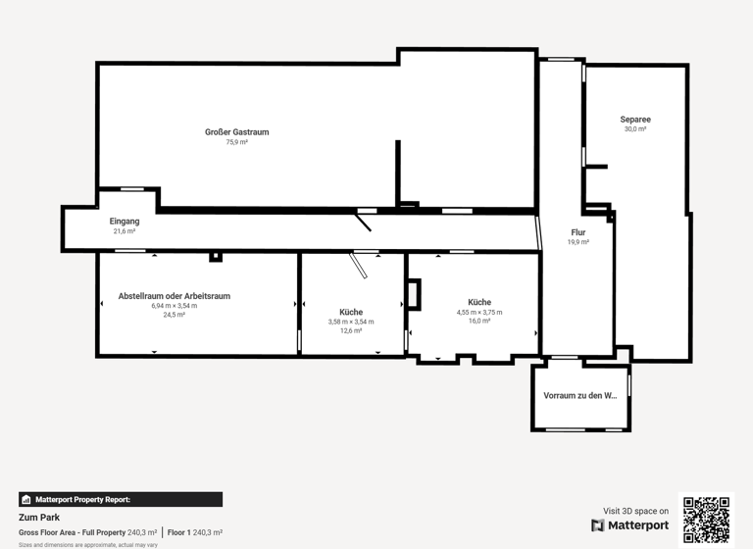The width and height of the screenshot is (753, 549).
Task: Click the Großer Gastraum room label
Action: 236,132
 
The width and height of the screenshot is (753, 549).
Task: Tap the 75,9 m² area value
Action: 236,142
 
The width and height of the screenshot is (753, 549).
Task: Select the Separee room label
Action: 635,120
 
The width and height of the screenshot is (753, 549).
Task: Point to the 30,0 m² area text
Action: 635,129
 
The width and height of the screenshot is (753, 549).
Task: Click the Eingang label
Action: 125,222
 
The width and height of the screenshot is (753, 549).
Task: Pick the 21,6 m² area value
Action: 125,231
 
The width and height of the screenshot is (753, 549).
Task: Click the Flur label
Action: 578,232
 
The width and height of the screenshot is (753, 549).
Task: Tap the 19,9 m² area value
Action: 578,242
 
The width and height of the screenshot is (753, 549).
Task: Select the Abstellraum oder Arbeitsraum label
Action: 175,296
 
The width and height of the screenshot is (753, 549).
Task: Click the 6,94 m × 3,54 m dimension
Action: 175,306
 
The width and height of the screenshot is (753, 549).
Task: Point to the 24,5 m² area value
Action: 175,315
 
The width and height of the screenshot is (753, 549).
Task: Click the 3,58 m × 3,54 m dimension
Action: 351,322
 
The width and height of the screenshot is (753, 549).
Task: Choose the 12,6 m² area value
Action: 351,331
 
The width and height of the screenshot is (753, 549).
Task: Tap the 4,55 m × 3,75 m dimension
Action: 479,312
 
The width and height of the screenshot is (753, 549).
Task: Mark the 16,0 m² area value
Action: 479,322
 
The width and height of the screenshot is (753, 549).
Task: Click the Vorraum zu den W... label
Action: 580,396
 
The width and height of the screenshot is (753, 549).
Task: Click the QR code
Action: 707,520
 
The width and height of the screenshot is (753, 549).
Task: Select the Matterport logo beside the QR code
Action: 630,525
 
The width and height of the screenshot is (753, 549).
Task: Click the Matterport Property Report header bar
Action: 121,500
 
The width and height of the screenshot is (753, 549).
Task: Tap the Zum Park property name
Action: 39,517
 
